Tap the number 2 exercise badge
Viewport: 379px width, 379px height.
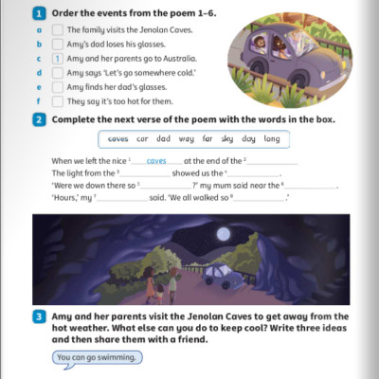click(39, 120)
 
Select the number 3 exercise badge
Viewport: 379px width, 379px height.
click(39, 316)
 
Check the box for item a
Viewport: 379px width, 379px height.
click(58, 29)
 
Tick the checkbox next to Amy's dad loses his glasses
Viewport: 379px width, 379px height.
click(58, 44)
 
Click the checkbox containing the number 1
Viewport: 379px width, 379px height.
click(58, 58)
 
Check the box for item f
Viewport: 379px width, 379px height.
click(58, 100)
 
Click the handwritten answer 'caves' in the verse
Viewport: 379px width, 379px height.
click(156, 162)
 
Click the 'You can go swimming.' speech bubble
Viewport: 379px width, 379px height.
click(98, 358)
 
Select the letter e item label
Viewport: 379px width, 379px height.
click(39, 86)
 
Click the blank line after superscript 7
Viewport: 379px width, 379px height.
click(120, 199)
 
